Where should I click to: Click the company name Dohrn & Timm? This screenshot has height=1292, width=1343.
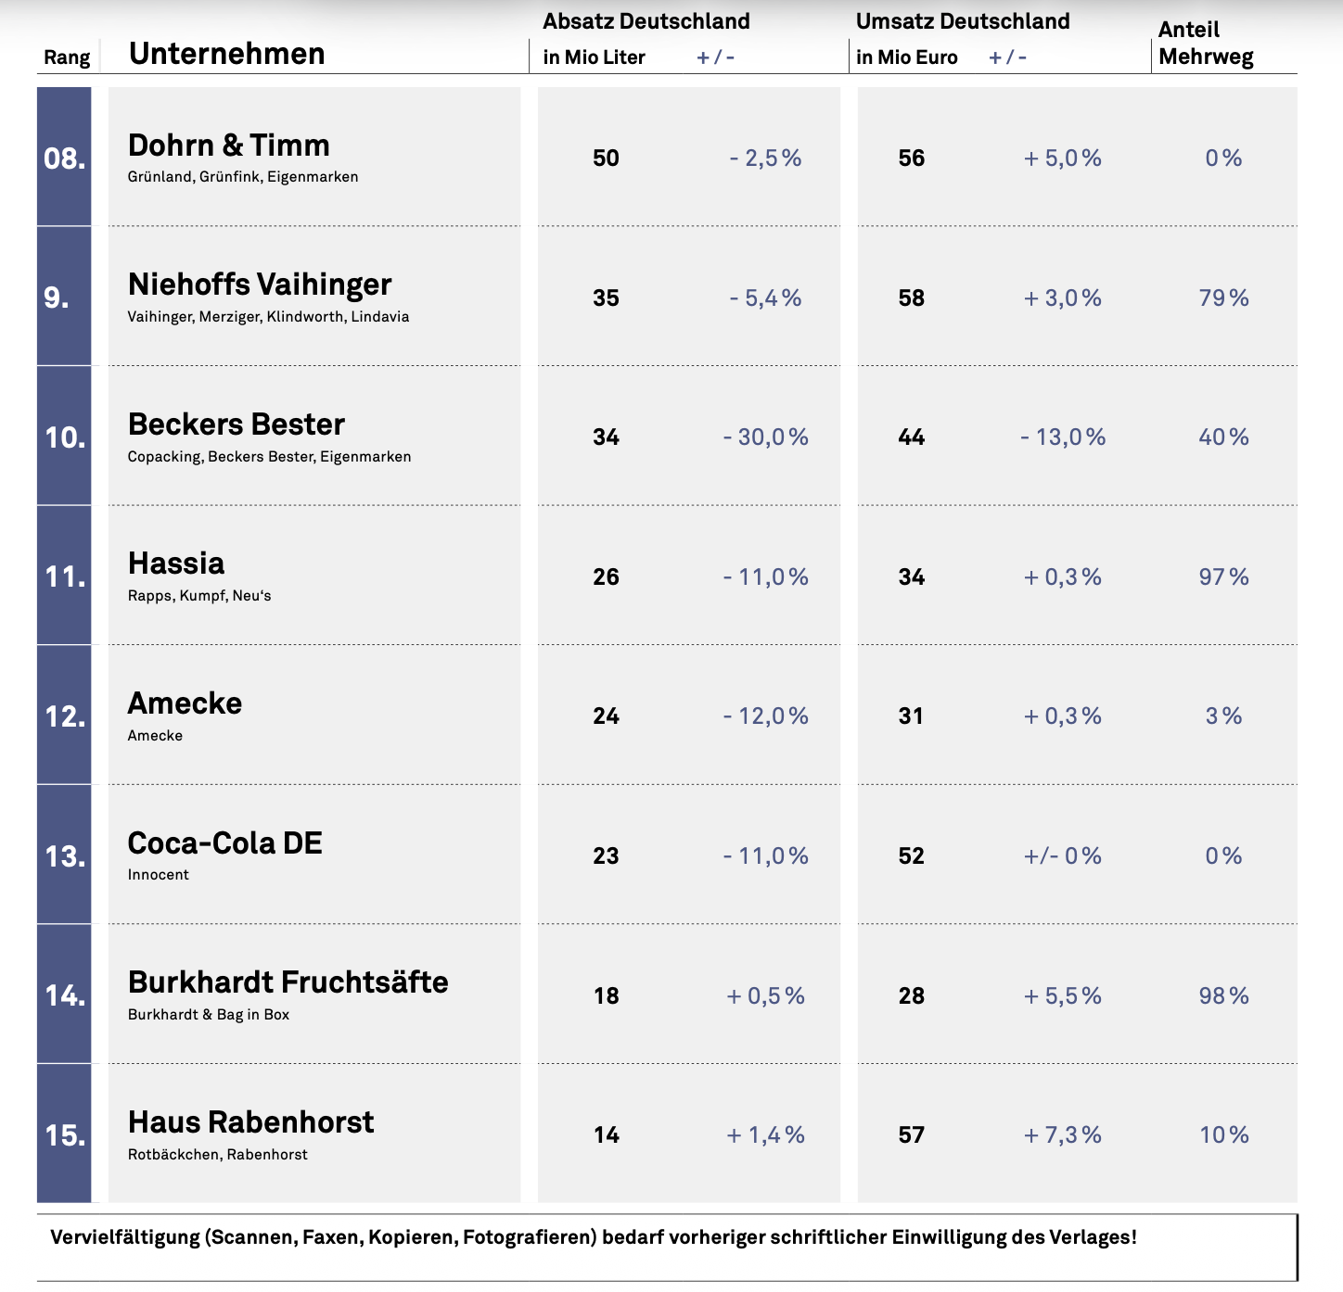coord(228,146)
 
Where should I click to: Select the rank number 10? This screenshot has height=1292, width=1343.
coord(65,437)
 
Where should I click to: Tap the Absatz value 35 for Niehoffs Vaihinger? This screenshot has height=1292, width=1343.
coord(606,298)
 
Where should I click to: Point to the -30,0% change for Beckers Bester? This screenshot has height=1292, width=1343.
coord(765,437)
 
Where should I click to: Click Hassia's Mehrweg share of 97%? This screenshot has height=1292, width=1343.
coord(1223,576)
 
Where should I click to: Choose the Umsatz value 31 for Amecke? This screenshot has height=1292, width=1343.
coord(911,716)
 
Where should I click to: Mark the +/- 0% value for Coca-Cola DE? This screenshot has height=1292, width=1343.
coord(1062,856)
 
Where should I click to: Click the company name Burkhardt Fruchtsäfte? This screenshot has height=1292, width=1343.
coord(288,982)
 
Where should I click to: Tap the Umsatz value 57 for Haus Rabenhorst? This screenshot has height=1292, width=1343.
coord(911,1134)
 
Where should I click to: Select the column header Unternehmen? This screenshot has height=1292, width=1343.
coord(227,54)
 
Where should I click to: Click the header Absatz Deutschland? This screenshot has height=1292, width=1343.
coord(646,21)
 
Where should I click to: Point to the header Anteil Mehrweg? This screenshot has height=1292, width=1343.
coord(1206,43)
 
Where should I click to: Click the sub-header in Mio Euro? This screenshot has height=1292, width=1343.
coord(906,57)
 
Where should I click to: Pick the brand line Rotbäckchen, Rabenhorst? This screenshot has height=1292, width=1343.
coord(217,1155)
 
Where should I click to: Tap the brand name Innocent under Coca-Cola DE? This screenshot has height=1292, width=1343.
coord(158,875)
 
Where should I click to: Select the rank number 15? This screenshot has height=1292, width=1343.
coord(65,1135)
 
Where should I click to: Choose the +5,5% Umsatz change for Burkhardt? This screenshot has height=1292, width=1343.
coord(1062,995)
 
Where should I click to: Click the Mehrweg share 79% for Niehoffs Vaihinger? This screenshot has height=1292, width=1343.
coord(1223,298)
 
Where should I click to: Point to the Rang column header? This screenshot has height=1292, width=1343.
coord(67,57)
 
